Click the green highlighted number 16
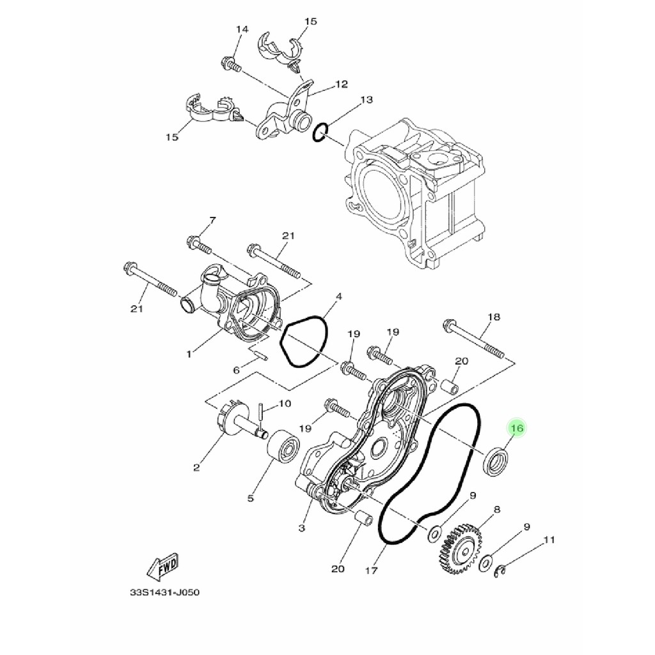point(517,427)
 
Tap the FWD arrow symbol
point(162,565)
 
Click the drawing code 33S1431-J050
point(165,593)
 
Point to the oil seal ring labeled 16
point(496,462)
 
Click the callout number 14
point(242,30)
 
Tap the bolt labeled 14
point(230,63)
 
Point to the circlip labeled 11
point(503,572)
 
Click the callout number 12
point(342,84)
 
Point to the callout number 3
point(301,528)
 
